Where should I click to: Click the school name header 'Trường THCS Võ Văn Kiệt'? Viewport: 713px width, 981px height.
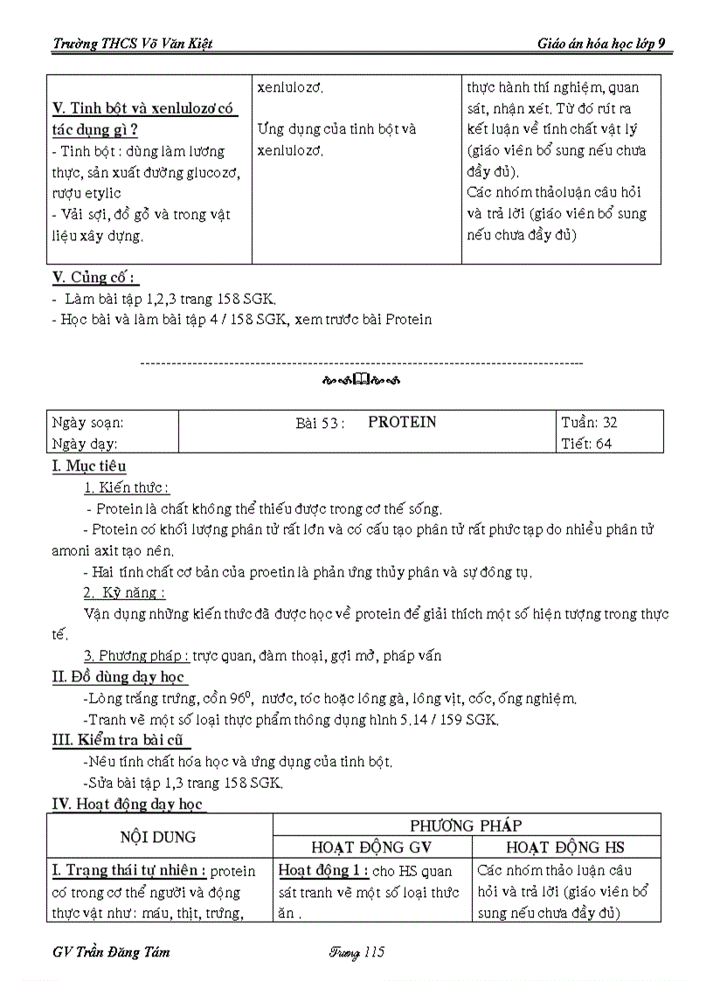pos(133,44)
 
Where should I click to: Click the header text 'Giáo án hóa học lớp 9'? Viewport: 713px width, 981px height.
pos(606,44)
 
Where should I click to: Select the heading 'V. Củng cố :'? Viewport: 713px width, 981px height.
pos(94,278)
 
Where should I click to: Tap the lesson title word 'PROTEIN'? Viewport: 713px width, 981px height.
pos(402,422)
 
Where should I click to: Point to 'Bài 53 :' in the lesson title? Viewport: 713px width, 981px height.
pos(321,423)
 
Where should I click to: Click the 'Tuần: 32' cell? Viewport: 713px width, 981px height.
pos(590,422)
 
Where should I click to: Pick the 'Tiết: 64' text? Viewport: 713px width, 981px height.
pos(587,443)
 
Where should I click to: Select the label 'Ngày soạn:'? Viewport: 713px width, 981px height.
pos(87,422)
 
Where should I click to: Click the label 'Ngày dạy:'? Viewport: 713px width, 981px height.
pos(84,443)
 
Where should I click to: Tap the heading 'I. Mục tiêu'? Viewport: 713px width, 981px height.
pos(89,466)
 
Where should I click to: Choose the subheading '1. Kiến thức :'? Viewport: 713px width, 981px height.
pos(127,487)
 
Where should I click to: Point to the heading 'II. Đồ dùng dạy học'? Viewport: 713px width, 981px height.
pos(120,676)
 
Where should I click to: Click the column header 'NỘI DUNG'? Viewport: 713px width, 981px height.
pos(159,836)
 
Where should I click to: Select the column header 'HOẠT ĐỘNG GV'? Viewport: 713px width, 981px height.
pos(371,846)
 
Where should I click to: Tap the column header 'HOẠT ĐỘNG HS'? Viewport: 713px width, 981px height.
pos(565,846)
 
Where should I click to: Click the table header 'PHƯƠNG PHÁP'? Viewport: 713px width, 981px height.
pos(466,825)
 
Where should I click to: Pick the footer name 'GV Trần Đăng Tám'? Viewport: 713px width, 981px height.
pos(112,952)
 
